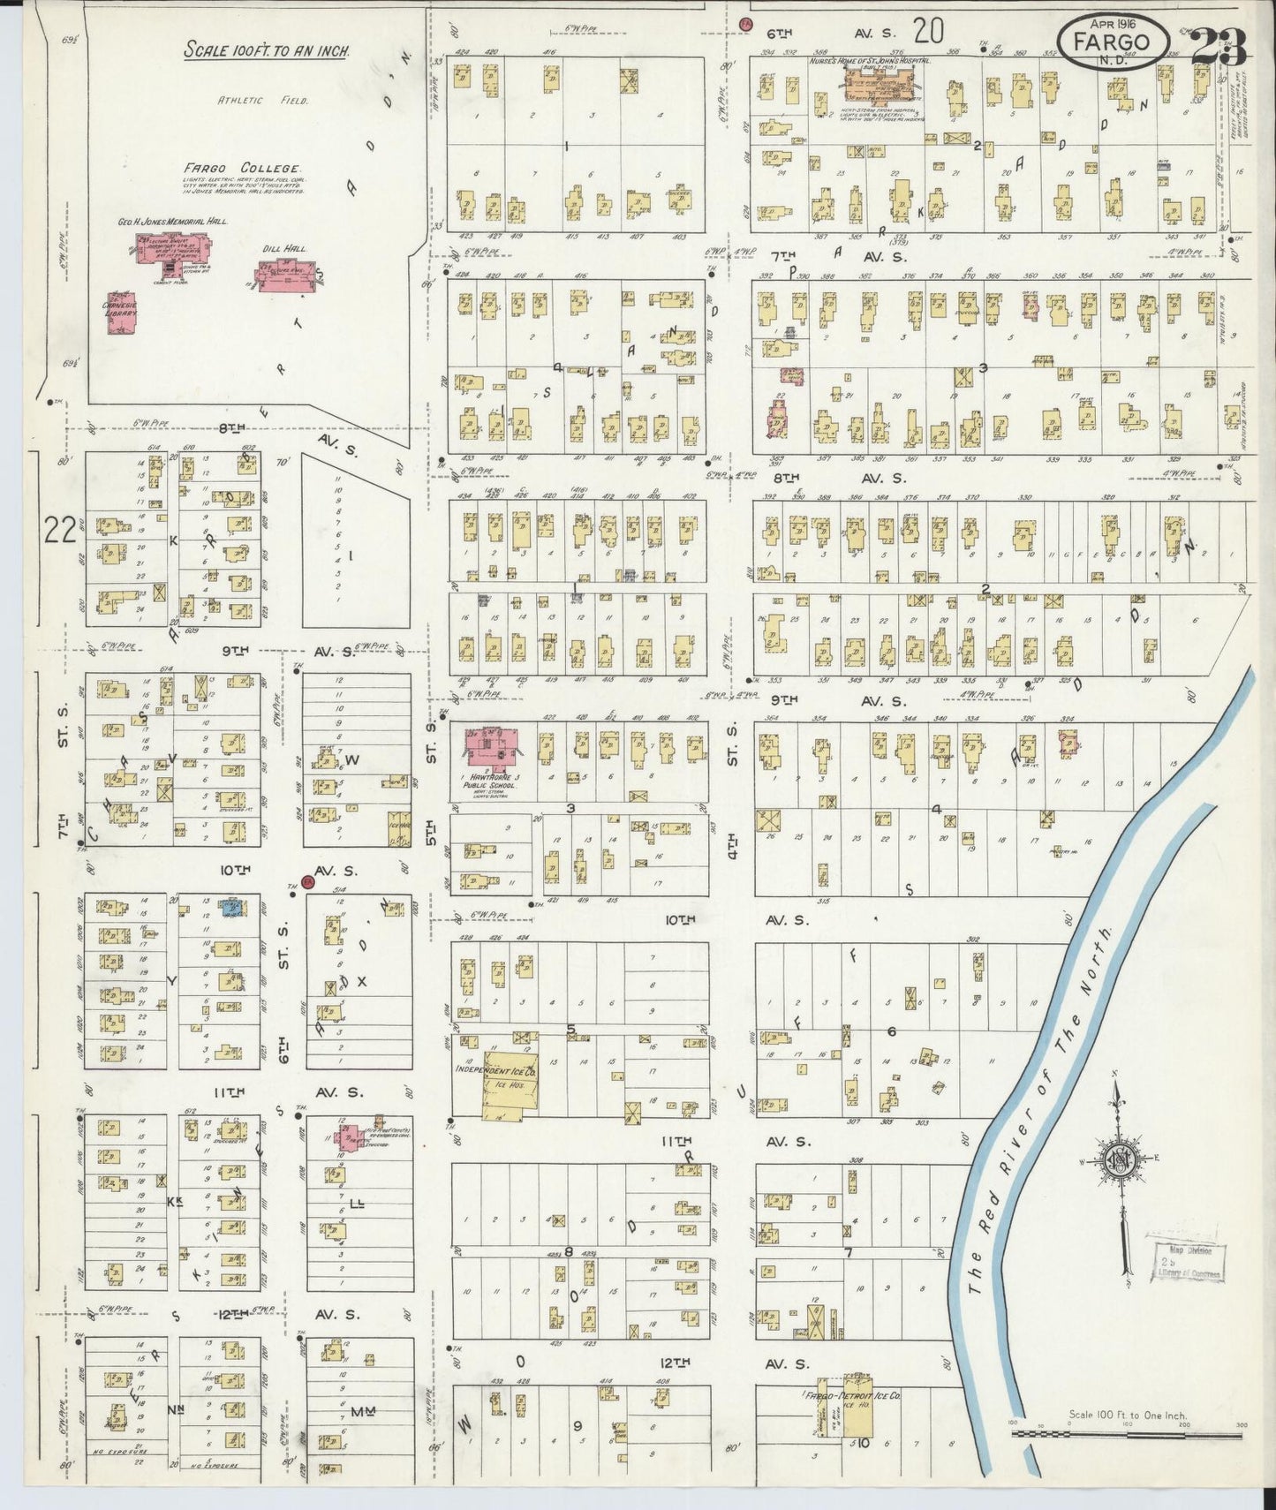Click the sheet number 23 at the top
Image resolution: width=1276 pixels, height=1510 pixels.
tap(1219, 46)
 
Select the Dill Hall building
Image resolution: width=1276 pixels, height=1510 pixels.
tap(282, 276)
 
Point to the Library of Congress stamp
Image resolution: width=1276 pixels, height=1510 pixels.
tap(1186, 1261)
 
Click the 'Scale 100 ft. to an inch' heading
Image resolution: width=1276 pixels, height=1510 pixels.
tap(266, 50)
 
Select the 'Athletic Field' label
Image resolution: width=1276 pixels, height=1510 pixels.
tap(262, 100)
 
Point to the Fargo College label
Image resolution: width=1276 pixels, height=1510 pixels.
tap(243, 168)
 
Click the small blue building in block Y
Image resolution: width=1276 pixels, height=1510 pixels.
tap(233, 906)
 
